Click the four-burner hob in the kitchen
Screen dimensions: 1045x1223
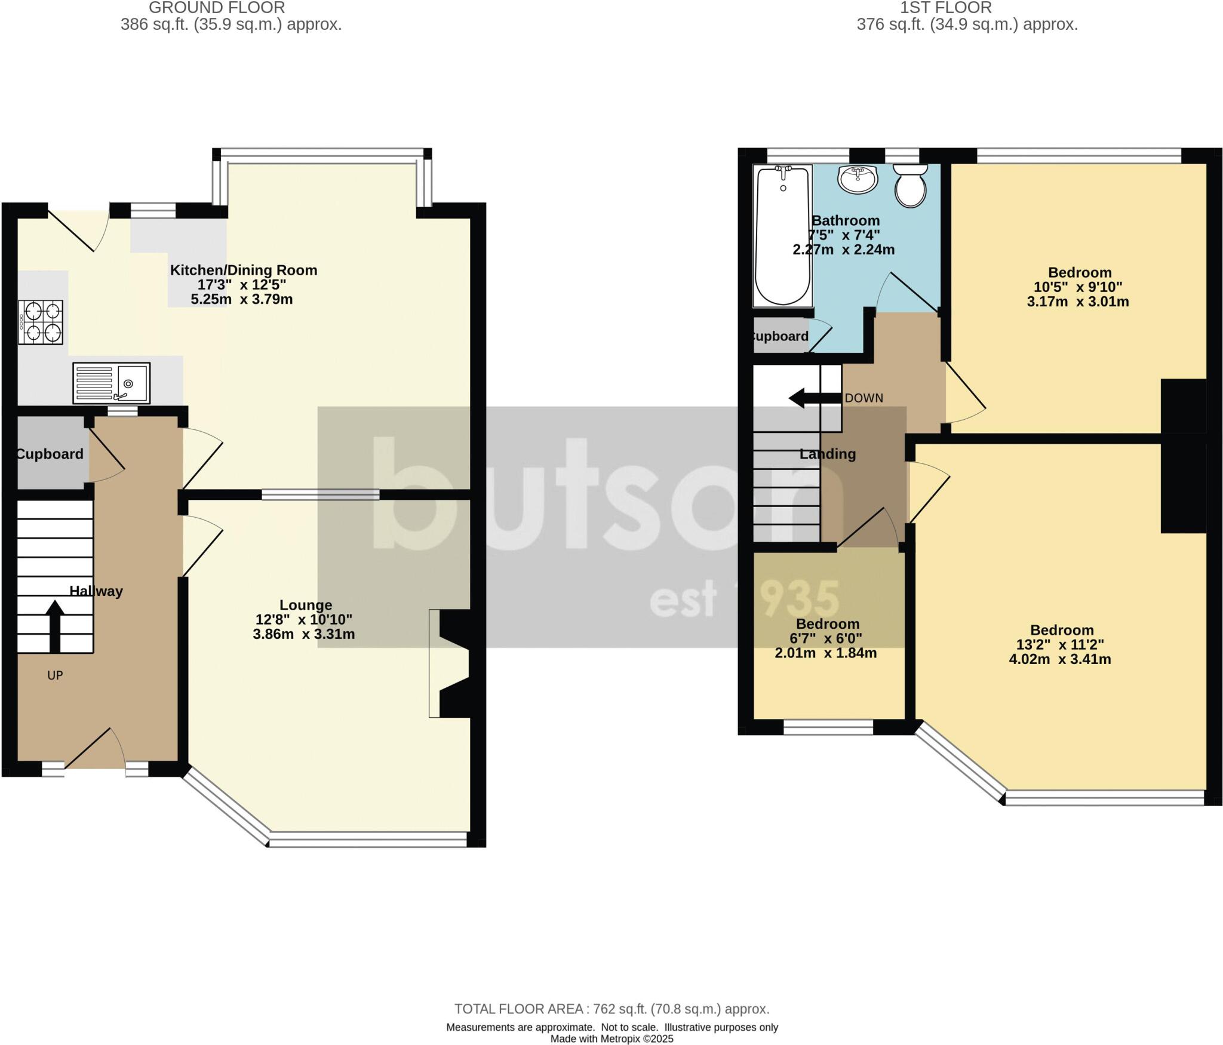pyautogui.click(x=41, y=322)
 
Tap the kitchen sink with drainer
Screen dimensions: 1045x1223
pyautogui.click(x=111, y=383)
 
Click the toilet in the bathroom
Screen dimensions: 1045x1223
pyautogui.click(x=910, y=185)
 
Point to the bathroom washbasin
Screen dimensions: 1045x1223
pyautogui.click(x=858, y=179)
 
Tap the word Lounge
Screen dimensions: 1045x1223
pyautogui.click(x=305, y=605)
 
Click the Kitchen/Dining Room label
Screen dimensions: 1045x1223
pyautogui.click(x=244, y=270)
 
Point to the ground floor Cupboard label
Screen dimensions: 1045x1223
pyautogui.click(x=50, y=454)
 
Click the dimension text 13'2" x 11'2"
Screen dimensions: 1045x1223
pyautogui.click(x=1060, y=645)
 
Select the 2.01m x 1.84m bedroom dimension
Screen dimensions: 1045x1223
pyautogui.click(x=826, y=653)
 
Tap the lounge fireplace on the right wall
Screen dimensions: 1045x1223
pyautogui.click(x=451, y=663)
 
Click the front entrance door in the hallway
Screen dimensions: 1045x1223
pyautogui.click(x=94, y=750)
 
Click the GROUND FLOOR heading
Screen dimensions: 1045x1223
pyautogui.click(x=217, y=8)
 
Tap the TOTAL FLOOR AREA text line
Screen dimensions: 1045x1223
pyautogui.click(x=611, y=1009)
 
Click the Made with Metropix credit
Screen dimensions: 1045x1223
pyautogui.click(x=611, y=1039)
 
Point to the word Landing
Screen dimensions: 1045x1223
pyautogui.click(x=827, y=454)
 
